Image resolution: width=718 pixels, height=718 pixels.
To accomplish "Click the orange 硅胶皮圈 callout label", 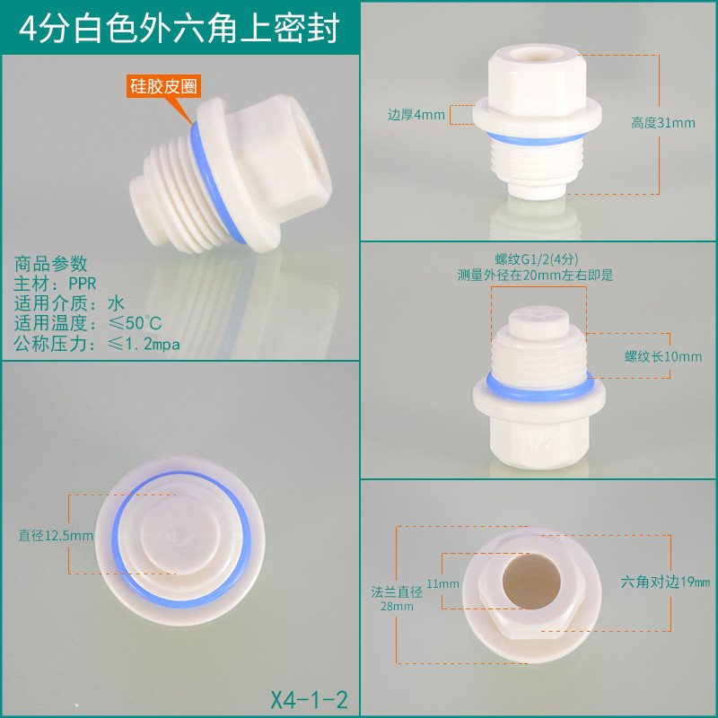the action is pos(163,86).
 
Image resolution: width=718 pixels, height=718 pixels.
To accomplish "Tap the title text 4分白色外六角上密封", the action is pos(179,29).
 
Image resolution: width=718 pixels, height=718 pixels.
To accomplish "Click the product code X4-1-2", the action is pos(309,700).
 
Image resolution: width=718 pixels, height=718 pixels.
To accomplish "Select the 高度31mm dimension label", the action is pos(663,123).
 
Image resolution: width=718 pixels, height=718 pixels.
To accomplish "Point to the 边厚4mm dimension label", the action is pos(416,115).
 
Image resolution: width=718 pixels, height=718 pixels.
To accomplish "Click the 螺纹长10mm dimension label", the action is pos(663,356).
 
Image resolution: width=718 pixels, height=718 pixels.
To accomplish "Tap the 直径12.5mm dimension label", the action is pos(56,535).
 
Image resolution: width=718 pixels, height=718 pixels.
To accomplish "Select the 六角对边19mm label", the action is pos(665,582).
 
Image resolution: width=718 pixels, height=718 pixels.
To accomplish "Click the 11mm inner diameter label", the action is pos(442,584).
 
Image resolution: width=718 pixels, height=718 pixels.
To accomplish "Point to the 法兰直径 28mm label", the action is pos(397,599).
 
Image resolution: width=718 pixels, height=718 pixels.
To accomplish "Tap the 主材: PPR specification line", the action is pos(55,284).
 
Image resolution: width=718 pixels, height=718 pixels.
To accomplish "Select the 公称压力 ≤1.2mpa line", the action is pos(97,344).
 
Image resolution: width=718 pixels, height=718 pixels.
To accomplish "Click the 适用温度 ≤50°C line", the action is pos(87,323).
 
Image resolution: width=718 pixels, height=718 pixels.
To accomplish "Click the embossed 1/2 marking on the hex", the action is pos(541,442).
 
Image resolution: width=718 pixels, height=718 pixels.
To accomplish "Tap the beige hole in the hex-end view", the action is pos(531,581).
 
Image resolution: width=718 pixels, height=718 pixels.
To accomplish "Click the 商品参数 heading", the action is pos(50,264).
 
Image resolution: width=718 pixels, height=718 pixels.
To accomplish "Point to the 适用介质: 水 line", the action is pos(69,303).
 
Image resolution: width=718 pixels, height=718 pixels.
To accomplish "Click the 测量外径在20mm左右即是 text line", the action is pos(535,276).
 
